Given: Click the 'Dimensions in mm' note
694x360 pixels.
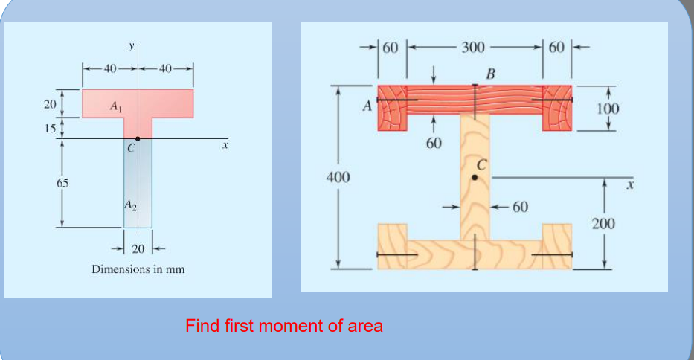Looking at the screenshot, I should click(138, 269).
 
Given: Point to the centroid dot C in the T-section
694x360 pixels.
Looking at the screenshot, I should click(138, 138).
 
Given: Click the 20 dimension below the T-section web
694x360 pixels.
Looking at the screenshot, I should click(138, 248).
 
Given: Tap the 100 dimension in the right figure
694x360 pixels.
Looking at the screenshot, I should click(608, 109).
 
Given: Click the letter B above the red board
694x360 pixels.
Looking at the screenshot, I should click(489, 74).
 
